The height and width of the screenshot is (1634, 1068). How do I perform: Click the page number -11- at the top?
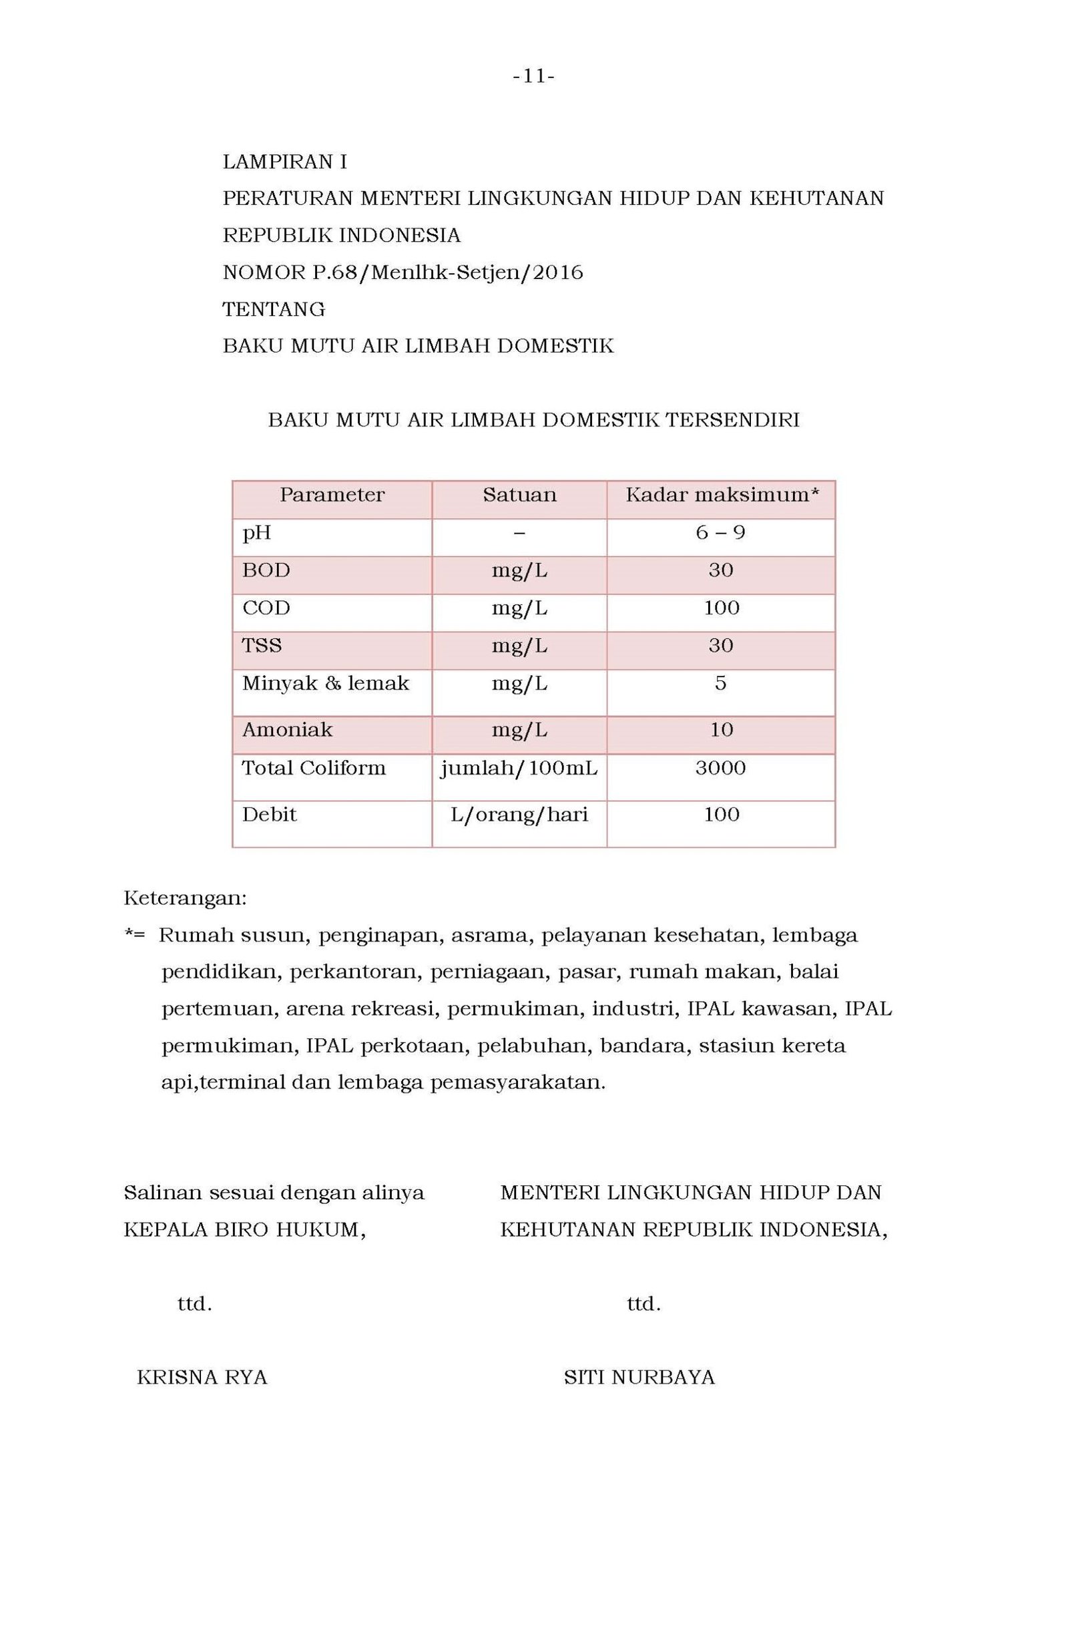point(533,77)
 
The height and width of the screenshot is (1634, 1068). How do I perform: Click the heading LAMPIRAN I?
point(284,162)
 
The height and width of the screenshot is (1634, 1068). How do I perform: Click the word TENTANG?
point(274,310)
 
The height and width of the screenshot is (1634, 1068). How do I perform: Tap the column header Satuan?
point(519,495)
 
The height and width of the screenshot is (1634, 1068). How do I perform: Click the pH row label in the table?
point(257,533)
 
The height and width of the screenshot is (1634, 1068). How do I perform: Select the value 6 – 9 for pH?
point(720,533)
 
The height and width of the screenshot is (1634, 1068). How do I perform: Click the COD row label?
point(266,608)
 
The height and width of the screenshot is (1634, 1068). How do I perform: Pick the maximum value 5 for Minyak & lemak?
point(720,683)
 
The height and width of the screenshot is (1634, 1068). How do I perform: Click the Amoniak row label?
point(287,730)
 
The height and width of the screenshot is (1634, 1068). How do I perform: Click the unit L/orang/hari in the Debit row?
point(519,815)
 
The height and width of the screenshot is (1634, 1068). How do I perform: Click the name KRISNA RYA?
point(202,1377)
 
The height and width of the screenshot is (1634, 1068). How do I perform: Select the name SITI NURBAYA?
point(639,1377)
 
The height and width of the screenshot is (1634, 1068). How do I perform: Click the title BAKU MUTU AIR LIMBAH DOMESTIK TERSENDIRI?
point(533,420)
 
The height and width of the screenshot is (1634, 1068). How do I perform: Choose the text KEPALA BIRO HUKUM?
point(244,1229)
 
